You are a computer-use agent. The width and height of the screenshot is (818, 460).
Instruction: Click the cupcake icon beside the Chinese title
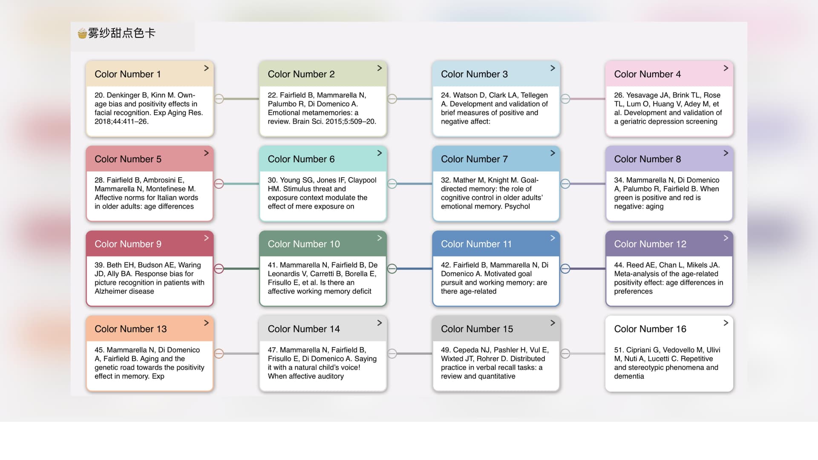click(82, 33)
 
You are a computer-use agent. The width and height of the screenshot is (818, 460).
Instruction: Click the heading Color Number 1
click(128, 74)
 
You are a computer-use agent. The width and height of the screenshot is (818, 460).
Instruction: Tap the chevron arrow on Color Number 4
click(726, 68)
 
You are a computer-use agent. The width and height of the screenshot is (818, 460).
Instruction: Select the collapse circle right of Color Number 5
click(219, 184)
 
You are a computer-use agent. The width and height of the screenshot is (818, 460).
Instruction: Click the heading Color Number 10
click(304, 244)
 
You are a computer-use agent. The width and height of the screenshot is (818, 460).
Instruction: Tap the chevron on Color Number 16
click(726, 323)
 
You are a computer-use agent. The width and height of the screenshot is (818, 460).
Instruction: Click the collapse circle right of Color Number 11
click(565, 269)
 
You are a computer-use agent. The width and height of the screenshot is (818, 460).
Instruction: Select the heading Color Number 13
click(131, 329)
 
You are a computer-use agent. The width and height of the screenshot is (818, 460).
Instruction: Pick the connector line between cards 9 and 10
click(241, 269)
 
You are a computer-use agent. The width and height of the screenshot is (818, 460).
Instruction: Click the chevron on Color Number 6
click(380, 153)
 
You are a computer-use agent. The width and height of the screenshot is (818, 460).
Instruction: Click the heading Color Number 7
click(474, 159)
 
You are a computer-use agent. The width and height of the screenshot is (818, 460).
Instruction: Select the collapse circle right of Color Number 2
click(392, 99)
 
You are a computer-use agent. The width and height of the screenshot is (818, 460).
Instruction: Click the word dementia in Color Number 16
click(629, 376)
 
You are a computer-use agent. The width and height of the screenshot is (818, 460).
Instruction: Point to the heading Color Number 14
click(304, 329)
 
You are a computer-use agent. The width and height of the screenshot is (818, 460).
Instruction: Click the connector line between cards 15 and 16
click(588, 354)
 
